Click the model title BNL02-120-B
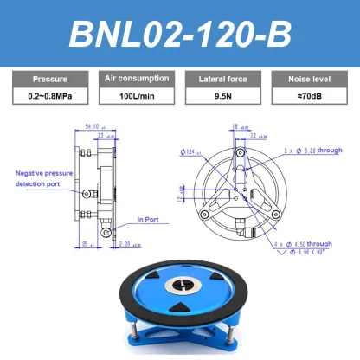click(180, 35)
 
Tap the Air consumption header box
click(136, 78)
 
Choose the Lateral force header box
click(224, 78)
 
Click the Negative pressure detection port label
click(45, 178)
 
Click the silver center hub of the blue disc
click(183, 285)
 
